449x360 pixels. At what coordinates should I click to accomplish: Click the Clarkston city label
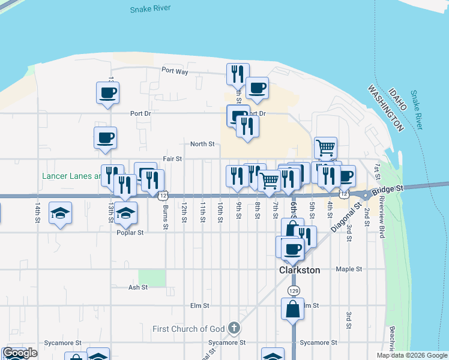pos(300,270)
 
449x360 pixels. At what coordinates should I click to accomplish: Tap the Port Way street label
pos(175,71)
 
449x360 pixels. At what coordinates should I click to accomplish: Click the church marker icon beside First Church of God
pos(234,328)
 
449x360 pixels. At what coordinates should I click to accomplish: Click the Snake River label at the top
pos(150,8)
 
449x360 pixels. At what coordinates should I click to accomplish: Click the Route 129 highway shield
pos(293,290)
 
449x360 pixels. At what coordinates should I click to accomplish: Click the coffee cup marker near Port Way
pos(257,88)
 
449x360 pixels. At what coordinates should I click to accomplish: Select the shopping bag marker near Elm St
pos(292,310)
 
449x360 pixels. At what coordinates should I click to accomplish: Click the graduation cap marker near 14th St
pos(60,213)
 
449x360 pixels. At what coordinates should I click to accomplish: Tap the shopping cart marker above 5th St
pos(325,147)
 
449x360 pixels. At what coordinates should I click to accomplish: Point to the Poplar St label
pos(131,233)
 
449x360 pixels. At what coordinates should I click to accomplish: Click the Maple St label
pos(350,269)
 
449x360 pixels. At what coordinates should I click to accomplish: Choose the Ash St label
pos(137,287)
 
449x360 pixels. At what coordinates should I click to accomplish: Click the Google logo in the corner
pos(20,353)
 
